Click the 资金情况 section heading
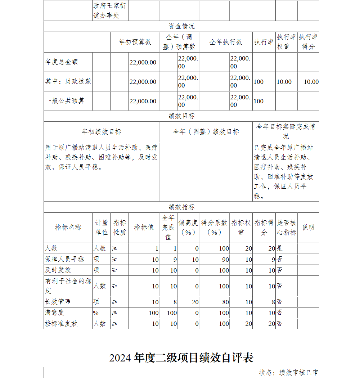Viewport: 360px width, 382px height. pyautogui.click(x=181, y=26)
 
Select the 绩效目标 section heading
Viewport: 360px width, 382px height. pyautogui.click(x=181, y=116)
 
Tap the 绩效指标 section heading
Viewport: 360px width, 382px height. pyautogui.click(x=181, y=207)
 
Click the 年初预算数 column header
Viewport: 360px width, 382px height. pyautogui.click(x=135, y=42)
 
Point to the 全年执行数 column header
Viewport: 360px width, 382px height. pyautogui.click(x=226, y=42)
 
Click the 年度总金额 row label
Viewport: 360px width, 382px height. pyautogui.click(x=61, y=62)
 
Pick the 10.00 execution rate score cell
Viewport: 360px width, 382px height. pyautogui.click(x=311, y=82)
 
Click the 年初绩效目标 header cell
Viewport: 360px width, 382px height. pyautogui.click(x=102, y=132)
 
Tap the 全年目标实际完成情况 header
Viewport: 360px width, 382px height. pyautogui.click(x=285, y=131)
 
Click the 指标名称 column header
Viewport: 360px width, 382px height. pyautogui.click(x=68, y=228)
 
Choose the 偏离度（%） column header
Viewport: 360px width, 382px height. pyautogui.click(x=188, y=228)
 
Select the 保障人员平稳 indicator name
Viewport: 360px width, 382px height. pyautogui.click(x=64, y=259)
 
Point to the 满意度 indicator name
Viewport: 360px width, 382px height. pyautogui.click(x=55, y=313)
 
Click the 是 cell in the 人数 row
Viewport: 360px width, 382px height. pyautogui.click(x=280, y=248)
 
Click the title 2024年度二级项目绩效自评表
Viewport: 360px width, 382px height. pyautogui.click(x=181, y=358)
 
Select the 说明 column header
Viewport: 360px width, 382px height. pyautogui.click(x=308, y=228)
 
